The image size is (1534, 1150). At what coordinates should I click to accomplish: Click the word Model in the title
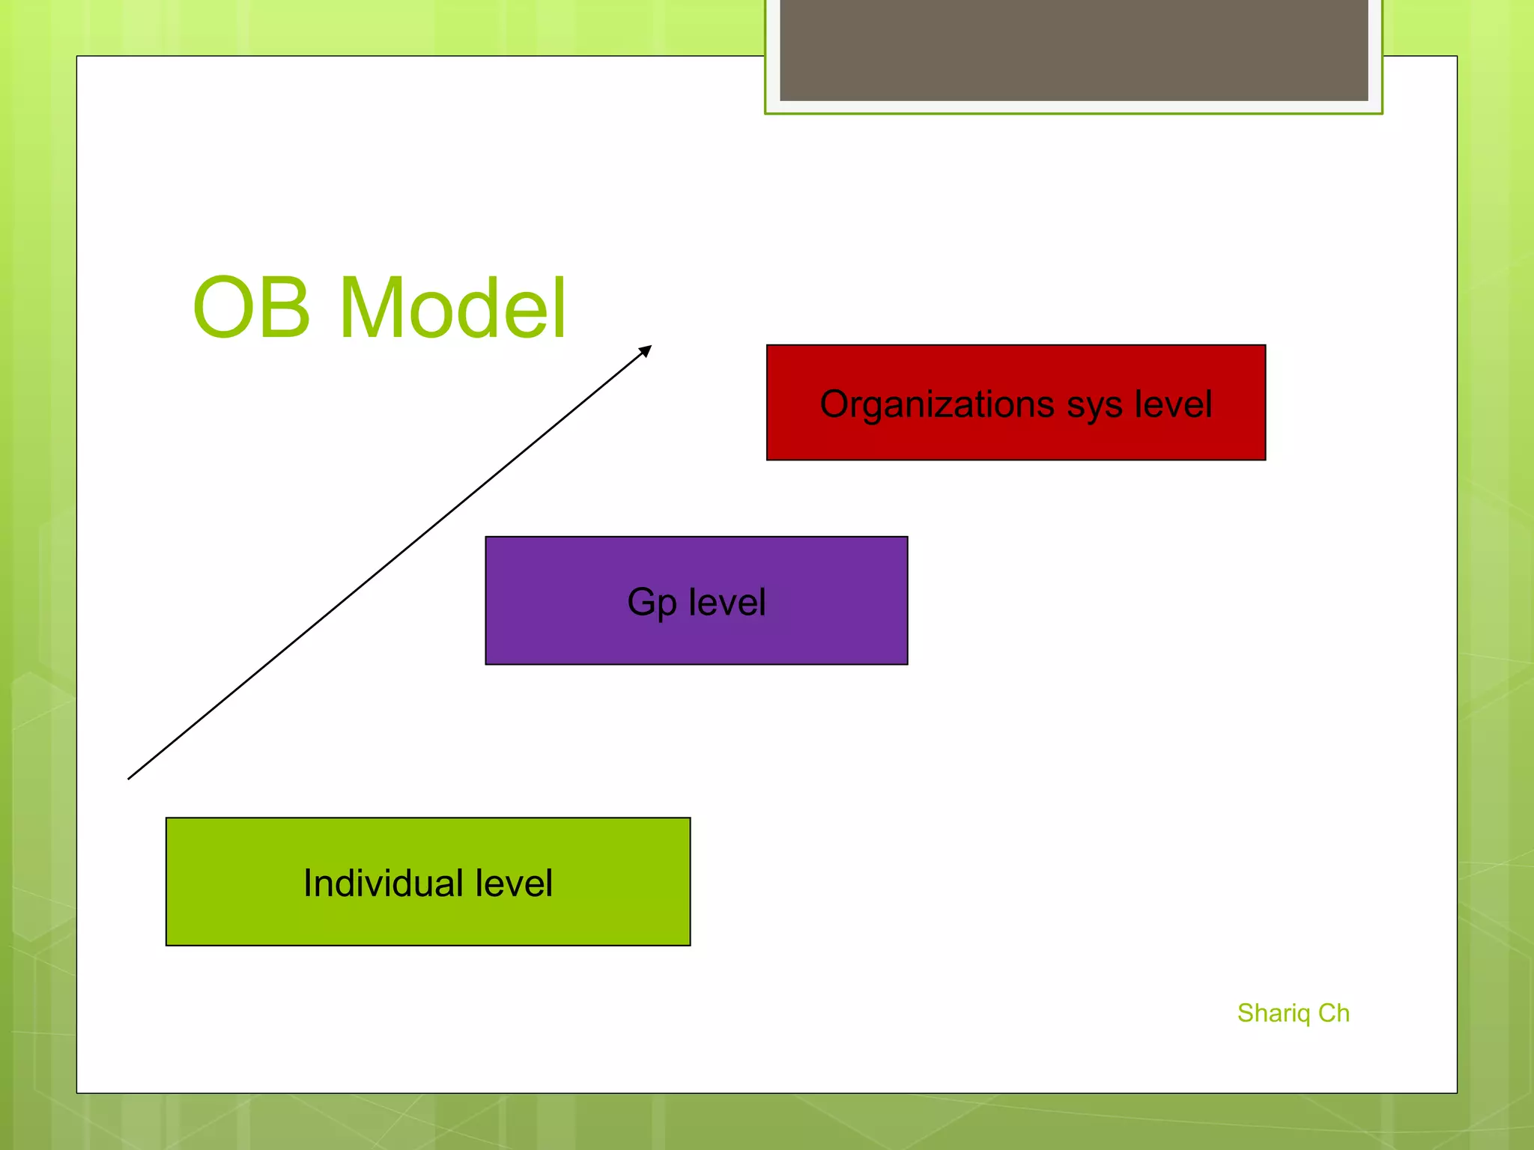(452, 308)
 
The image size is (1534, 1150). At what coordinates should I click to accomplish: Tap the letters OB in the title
(252, 308)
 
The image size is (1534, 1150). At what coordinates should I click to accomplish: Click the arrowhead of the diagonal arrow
(646, 350)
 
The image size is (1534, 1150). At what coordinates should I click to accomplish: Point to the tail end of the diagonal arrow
(130, 777)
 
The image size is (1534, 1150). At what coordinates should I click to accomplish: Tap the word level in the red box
(1173, 404)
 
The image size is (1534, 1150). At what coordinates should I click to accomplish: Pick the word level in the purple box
(727, 602)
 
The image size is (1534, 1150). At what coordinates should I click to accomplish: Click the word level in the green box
(515, 883)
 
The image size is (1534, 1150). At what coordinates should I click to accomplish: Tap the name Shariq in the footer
(1273, 1014)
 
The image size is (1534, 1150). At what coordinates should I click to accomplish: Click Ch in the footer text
(1334, 1013)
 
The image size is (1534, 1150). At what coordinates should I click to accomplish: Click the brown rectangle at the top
(1073, 49)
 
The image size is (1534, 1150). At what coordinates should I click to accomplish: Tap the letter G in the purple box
(641, 602)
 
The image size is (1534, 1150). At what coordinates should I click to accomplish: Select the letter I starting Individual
(307, 883)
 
